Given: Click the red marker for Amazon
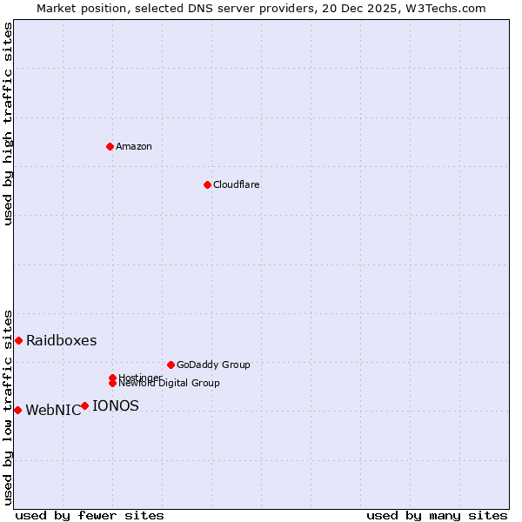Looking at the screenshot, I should [x=110, y=146].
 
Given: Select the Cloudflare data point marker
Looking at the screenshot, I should [x=207, y=184].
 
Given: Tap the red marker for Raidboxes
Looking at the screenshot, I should [x=18, y=340].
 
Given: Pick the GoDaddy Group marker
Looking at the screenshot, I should [x=171, y=365].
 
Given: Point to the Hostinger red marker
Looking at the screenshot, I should [x=112, y=378].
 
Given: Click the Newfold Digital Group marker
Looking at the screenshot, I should [x=112, y=383].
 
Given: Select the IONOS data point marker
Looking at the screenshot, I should [x=84, y=405].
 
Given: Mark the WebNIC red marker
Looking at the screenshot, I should [x=17, y=410].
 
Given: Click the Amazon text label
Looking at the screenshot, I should [x=134, y=146].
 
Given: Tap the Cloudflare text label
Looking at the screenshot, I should [x=236, y=184].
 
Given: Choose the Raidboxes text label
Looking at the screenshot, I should [x=61, y=340].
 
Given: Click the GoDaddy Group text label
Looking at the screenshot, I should [x=213, y=365].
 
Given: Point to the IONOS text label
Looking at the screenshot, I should [x=115, y=405].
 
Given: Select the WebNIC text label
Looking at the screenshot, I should [x=53, y=411].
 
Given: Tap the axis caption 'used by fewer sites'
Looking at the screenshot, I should [x=90, y=515].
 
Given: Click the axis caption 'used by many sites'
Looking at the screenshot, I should [x=437, y=515].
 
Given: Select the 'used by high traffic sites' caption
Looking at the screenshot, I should [x=8, y=124].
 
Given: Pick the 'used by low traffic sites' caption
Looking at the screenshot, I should [x=8, y=406].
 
